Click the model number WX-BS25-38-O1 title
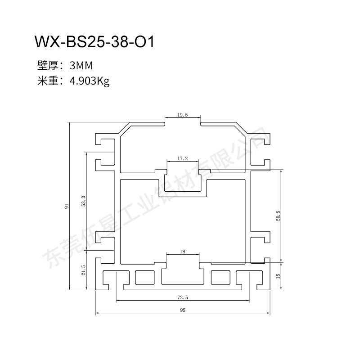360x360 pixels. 94,42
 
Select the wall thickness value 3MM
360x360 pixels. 81,66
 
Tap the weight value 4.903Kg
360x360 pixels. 90,81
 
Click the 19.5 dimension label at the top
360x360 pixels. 183,115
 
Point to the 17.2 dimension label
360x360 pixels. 183,158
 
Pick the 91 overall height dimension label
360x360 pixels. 67,206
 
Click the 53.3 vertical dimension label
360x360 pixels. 84,201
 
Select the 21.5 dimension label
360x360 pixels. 84,270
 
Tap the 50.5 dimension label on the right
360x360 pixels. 278,216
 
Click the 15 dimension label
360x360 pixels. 278,276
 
